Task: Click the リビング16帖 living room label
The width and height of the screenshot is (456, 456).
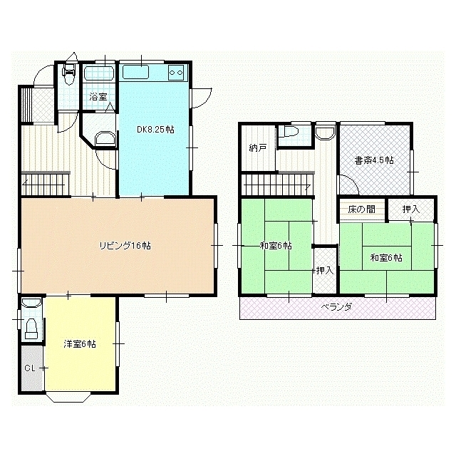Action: pyautogui.click(x=125, y=246)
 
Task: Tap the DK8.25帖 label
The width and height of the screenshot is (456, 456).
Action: pyautogui.click(x=155, y=130)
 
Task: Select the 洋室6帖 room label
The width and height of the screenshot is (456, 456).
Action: pyautogui.click(x=80, y=344)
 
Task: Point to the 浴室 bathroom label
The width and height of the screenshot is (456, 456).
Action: pyautogui.click(x=98, y=97)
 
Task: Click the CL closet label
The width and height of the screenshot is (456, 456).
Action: pyautogui.click(x=30, y=368)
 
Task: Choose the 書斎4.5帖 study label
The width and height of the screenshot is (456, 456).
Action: pyautogui.click(x=374, y=160)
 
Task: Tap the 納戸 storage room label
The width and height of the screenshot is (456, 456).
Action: pyautogui.click(x=258, y=148)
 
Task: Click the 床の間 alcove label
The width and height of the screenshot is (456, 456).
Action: pyautogui.click(x=361, y=209)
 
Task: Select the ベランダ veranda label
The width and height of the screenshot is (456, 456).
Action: pyautogui.click(x=336, y=307)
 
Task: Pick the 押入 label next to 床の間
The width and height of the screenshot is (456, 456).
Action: pyautogui.click(x=411, y=209)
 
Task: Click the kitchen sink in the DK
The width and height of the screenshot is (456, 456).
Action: pyautogui.click(x=136, y=72)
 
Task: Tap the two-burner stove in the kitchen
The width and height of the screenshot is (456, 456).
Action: pyautogui.click(x=176, y=73)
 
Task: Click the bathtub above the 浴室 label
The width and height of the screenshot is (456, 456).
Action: pyautogui.click(x=98, y=73)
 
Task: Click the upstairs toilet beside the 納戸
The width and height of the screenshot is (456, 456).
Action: pyautogui.click(x=291, y=132)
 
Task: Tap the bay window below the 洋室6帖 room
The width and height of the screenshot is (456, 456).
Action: pyautogui.click(x=68, y=397)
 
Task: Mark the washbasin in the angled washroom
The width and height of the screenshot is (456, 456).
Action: pyautogui.click(x=105, y=138)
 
